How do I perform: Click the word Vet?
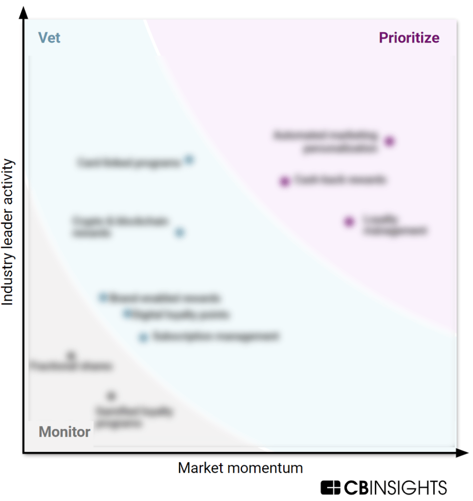(49, 38)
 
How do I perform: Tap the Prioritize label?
(409, 38)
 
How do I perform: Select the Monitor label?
(65, 432)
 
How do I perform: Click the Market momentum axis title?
(240, 468)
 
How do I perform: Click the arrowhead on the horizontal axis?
(462, 453)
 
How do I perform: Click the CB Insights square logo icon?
(330, 488)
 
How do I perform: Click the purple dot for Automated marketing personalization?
(389, 141)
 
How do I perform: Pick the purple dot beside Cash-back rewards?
(285, 182)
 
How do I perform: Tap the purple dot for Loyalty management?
(349, 222)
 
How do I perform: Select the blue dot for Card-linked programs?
(189, 159)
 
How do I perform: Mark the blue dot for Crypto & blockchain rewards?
(180, 232)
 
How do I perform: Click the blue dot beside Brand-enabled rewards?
(103, 297)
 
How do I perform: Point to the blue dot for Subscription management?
(143, 337)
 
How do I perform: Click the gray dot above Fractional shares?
(71, 355)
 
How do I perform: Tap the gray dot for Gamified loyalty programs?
(112, 395)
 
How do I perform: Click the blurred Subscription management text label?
(216, 337)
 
